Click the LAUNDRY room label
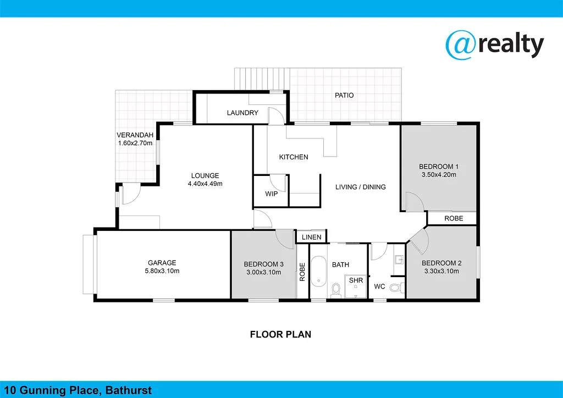[242, 113]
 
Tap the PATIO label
[344, 95]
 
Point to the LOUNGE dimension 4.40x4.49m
[205, 184]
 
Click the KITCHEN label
[294, 157]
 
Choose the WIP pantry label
[271, 194]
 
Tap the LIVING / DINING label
[361, 187]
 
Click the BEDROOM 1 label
[439, 167]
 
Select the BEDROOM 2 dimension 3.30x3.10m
[442, 271]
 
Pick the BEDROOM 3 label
[263, 264]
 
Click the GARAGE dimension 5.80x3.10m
[162, 271]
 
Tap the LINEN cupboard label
[312, 237]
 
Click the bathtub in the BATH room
[318, 273]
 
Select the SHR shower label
[357, 281]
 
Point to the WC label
[379, 286]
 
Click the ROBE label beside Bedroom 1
[454, 218]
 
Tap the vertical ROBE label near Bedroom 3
[302, 272]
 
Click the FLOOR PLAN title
[281, 334]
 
